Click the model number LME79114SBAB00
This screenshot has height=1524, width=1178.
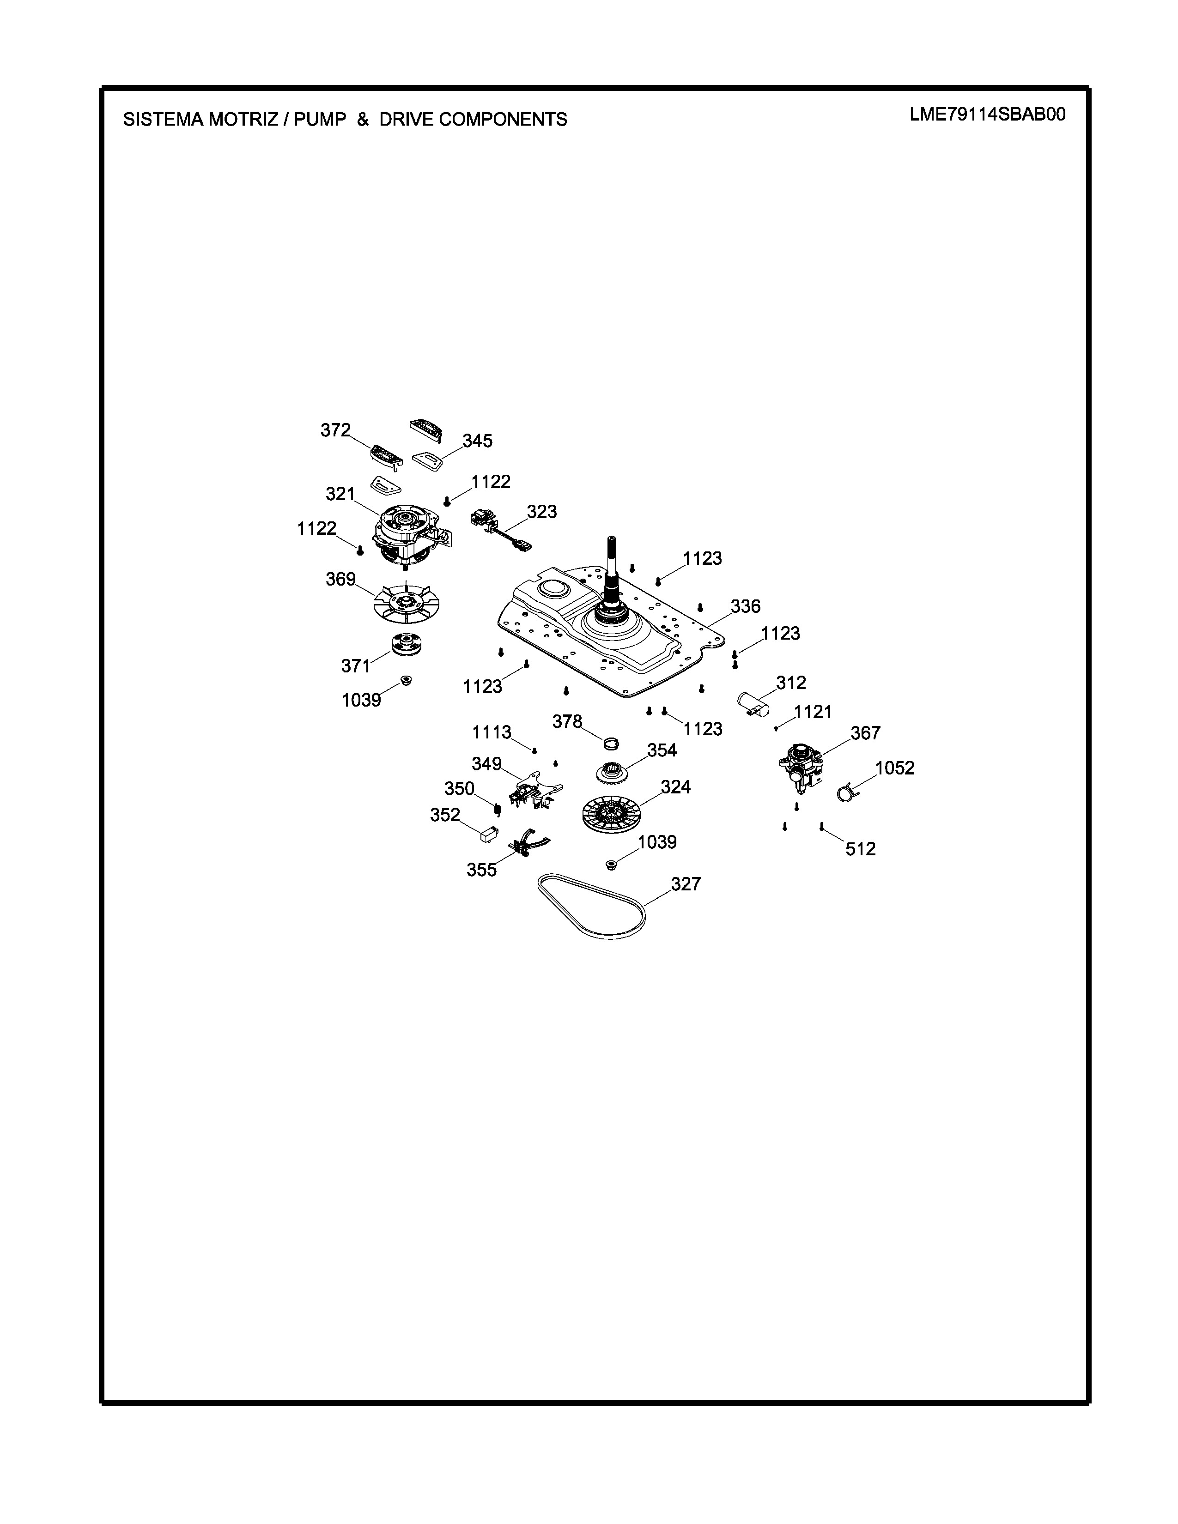coord(988,115)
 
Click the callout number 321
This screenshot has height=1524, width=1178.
coord(340,494)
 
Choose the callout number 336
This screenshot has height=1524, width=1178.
coord(745,606)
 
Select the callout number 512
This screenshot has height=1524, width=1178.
coord(861,849)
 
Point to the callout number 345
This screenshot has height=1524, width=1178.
coord(477,441)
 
